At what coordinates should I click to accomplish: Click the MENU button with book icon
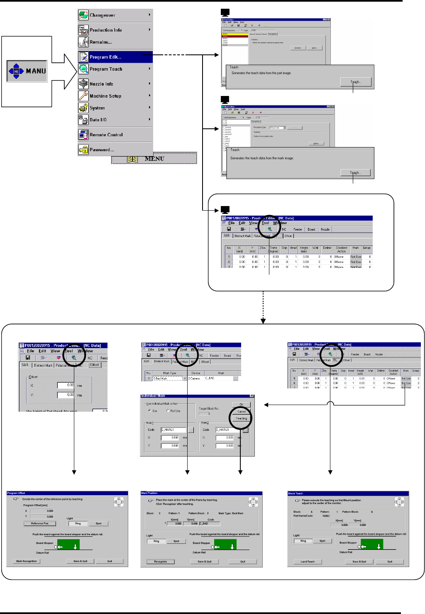pos(154,159)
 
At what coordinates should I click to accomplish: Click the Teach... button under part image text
pos(356,82)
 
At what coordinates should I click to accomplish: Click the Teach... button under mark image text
pos(355,172)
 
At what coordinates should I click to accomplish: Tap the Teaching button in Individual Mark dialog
pos(241,418)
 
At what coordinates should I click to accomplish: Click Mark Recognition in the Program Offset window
pos(27,561)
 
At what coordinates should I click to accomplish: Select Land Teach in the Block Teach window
pos(308,562)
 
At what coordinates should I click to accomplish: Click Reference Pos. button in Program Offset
pos(40,523)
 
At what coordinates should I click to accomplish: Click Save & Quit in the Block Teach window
pos(359,562)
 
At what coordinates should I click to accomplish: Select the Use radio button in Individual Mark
pos(149,410)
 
